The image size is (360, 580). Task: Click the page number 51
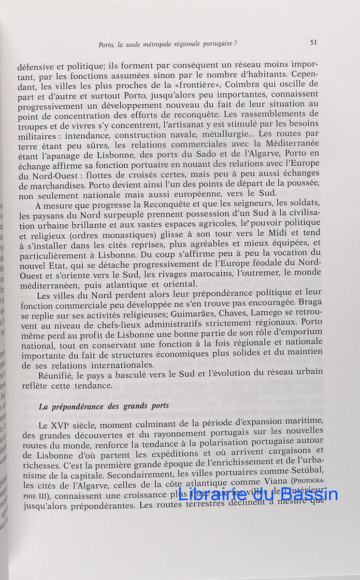click(x=313, y=42)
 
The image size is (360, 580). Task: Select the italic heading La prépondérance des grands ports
click(x=104, y=406)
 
